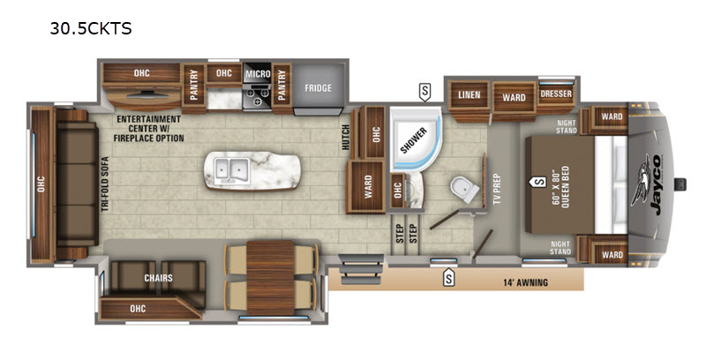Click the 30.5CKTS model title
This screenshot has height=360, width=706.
91,28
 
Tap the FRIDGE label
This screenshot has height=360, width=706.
318,88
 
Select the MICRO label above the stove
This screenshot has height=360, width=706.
258,73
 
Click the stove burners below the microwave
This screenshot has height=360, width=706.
257,97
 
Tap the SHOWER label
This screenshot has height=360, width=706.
413,140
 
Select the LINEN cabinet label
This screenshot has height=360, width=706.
469,95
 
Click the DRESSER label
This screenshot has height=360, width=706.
556,94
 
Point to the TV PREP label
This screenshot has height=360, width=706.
497,189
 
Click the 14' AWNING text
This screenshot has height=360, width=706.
525,282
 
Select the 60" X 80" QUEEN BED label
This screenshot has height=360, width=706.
560,186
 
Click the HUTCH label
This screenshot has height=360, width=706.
345,138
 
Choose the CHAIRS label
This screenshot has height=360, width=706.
158,278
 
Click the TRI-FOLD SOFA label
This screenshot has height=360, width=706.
105,184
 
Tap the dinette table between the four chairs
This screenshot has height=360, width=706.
270,278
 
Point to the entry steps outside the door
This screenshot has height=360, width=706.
362,269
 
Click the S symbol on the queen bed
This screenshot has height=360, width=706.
538,182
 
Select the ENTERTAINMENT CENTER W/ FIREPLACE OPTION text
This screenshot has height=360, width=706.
148,129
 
